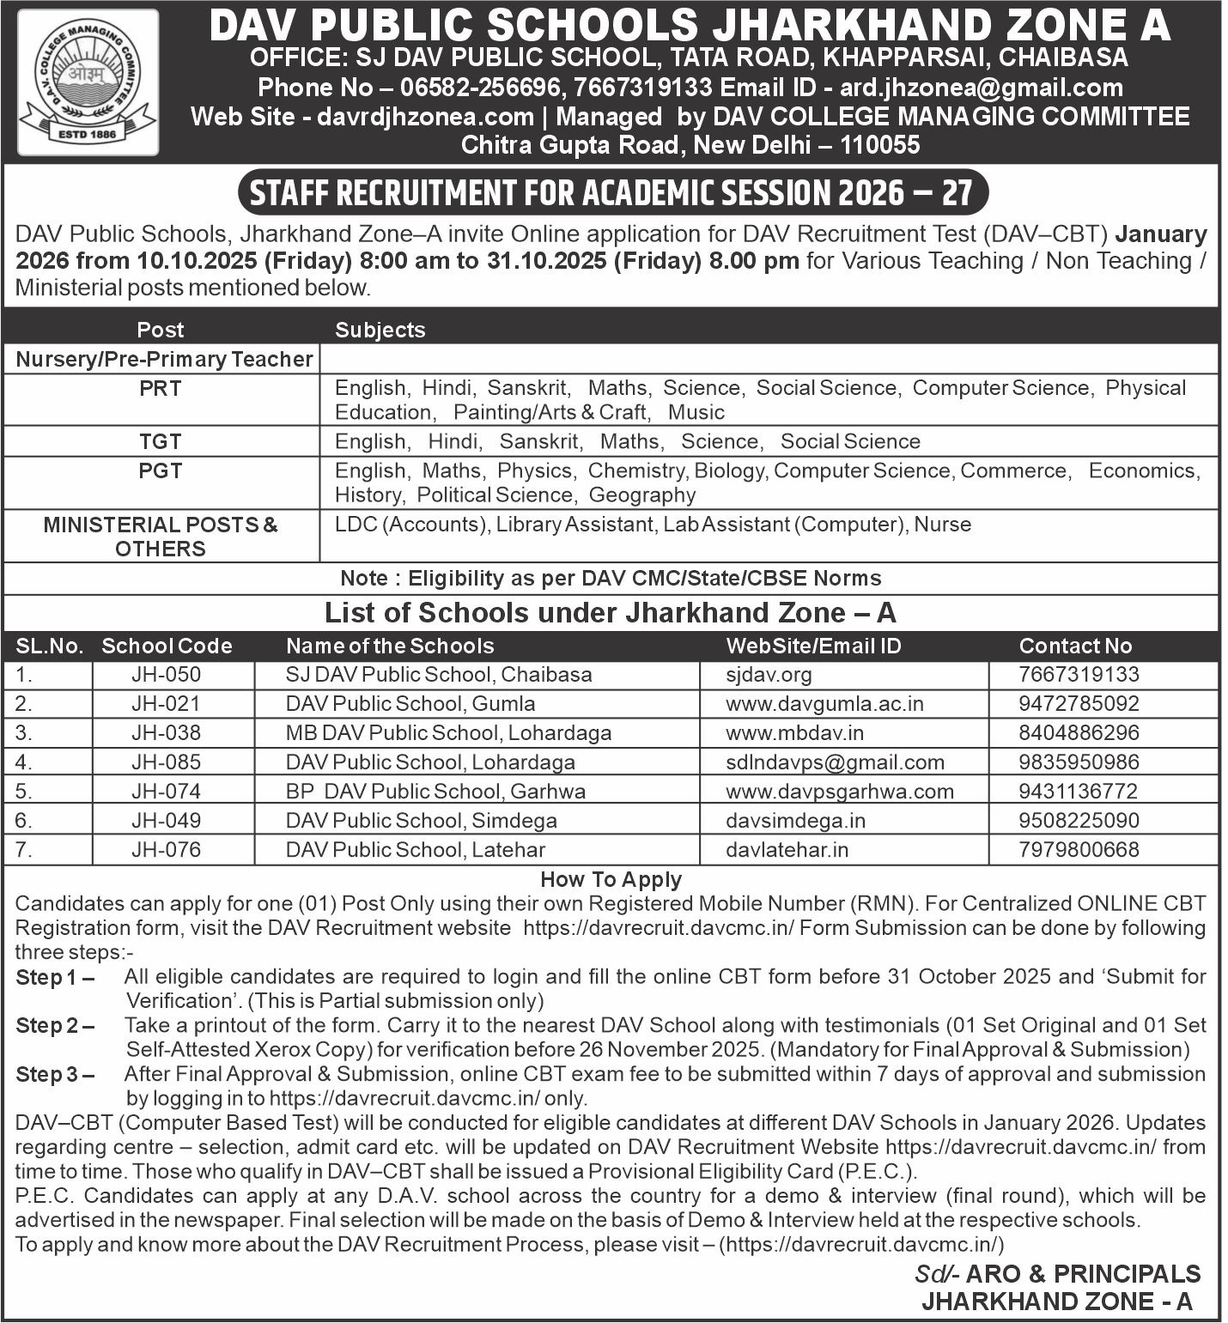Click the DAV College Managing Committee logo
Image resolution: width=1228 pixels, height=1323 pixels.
point(88,82)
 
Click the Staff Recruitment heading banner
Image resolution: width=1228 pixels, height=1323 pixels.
point(611,192)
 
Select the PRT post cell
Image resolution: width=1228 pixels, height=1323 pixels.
point(161,389)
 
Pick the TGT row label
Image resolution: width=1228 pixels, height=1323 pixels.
point(161,442)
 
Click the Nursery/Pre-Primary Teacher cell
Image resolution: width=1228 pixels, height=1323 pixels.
point(164,360)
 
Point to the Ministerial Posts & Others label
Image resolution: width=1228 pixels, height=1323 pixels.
point(161,537)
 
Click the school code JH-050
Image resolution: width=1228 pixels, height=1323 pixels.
point(167,675)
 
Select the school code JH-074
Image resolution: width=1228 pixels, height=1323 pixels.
point(167,792)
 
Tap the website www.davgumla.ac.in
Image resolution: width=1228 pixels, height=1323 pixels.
point(824,704)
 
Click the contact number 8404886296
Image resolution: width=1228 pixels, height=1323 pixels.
point(1079,733)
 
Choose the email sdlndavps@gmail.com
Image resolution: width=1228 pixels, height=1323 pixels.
point(835,762)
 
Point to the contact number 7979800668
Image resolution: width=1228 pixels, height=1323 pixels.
point(1079,850)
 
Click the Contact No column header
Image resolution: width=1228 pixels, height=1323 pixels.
point(1075,646)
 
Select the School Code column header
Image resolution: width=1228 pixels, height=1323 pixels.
point(167,646)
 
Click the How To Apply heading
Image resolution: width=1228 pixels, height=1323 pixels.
point(611,879)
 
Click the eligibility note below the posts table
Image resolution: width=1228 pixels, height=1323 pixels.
point(611,579)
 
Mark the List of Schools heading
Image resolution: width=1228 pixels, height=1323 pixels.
point(611,613)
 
